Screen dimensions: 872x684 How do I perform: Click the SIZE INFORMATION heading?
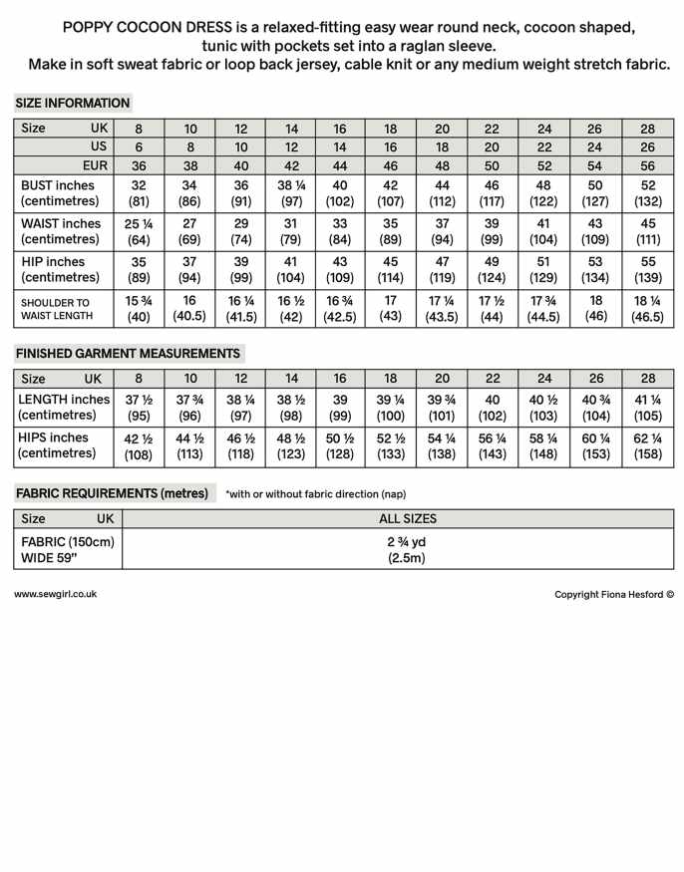(73, 103)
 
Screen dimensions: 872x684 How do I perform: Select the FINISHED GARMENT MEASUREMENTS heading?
(128, 353)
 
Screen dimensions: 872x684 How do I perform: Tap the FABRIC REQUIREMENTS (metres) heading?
(112, 493)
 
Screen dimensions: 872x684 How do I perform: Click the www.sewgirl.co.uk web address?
(56, 594)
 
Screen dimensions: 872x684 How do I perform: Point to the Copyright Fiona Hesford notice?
(614, 595)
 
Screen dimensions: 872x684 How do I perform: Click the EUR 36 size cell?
(140, 165)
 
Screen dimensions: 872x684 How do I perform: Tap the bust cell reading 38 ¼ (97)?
(291, 194)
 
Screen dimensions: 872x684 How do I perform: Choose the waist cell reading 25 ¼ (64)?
(140, 231)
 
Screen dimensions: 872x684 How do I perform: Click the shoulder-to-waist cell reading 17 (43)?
(391, 308)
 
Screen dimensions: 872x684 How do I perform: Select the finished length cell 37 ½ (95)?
(140, 408)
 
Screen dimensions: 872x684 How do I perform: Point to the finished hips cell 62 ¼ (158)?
(648, 445)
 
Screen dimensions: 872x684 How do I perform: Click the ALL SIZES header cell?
(407, 518)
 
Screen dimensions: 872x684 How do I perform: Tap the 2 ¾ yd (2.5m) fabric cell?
(407, 550)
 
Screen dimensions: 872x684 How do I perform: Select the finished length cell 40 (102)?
(492, 408)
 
